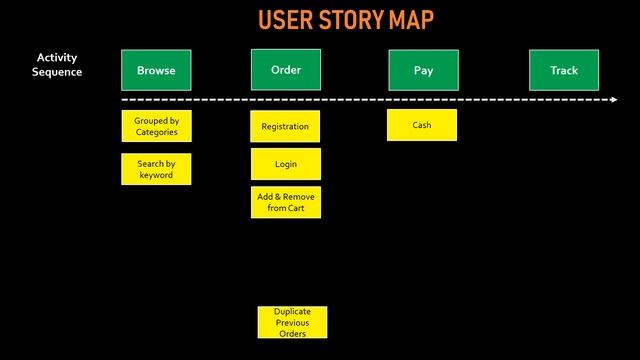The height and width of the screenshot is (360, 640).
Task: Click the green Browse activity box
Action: (x=156, y=70)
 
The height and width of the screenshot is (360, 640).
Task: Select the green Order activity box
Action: (x=286, y=70)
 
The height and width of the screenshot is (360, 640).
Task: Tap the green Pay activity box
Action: (x=423, y=70)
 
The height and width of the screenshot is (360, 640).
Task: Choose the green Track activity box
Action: (x=564, y=70)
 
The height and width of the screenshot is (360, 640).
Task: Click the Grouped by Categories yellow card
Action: (x=156, y=126)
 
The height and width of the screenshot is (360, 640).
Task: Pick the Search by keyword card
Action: (x=156, y=169)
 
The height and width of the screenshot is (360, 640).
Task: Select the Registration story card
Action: (x=285, y=126)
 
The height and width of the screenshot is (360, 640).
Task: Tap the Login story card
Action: (x=286, y=164)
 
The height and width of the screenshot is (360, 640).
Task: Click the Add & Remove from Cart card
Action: (x=286, y=202)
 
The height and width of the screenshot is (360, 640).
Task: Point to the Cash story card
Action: (x=422, y=125)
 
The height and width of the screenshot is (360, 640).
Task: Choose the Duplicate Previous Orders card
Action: (x=292, y=322)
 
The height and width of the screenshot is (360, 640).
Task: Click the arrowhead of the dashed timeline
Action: (x=613, y=100)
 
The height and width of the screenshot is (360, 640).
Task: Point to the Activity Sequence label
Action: (x=57, y=65)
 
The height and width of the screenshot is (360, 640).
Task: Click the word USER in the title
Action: (x=286, y=20)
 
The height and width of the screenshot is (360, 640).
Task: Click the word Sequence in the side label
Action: (x=57, y=72)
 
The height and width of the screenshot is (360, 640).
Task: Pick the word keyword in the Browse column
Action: (x=156, y=175)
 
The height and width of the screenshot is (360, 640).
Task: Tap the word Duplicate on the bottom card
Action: (x=292, y=312)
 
